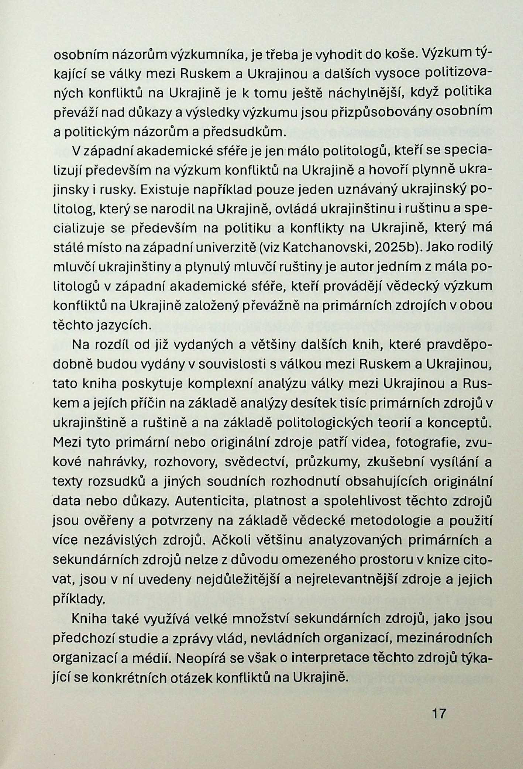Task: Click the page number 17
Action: coord(439,714)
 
